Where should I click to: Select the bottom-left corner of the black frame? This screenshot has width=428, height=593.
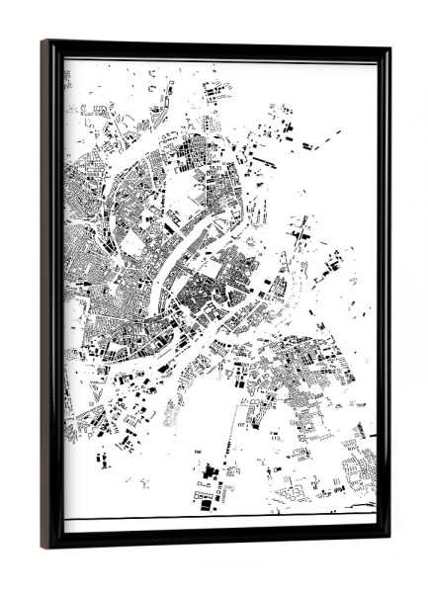point(43,546)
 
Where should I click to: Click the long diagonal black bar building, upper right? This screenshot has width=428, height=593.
point(265,158)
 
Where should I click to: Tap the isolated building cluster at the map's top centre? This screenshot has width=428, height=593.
point(215,92)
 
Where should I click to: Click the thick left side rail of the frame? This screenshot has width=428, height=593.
point(51,296)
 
